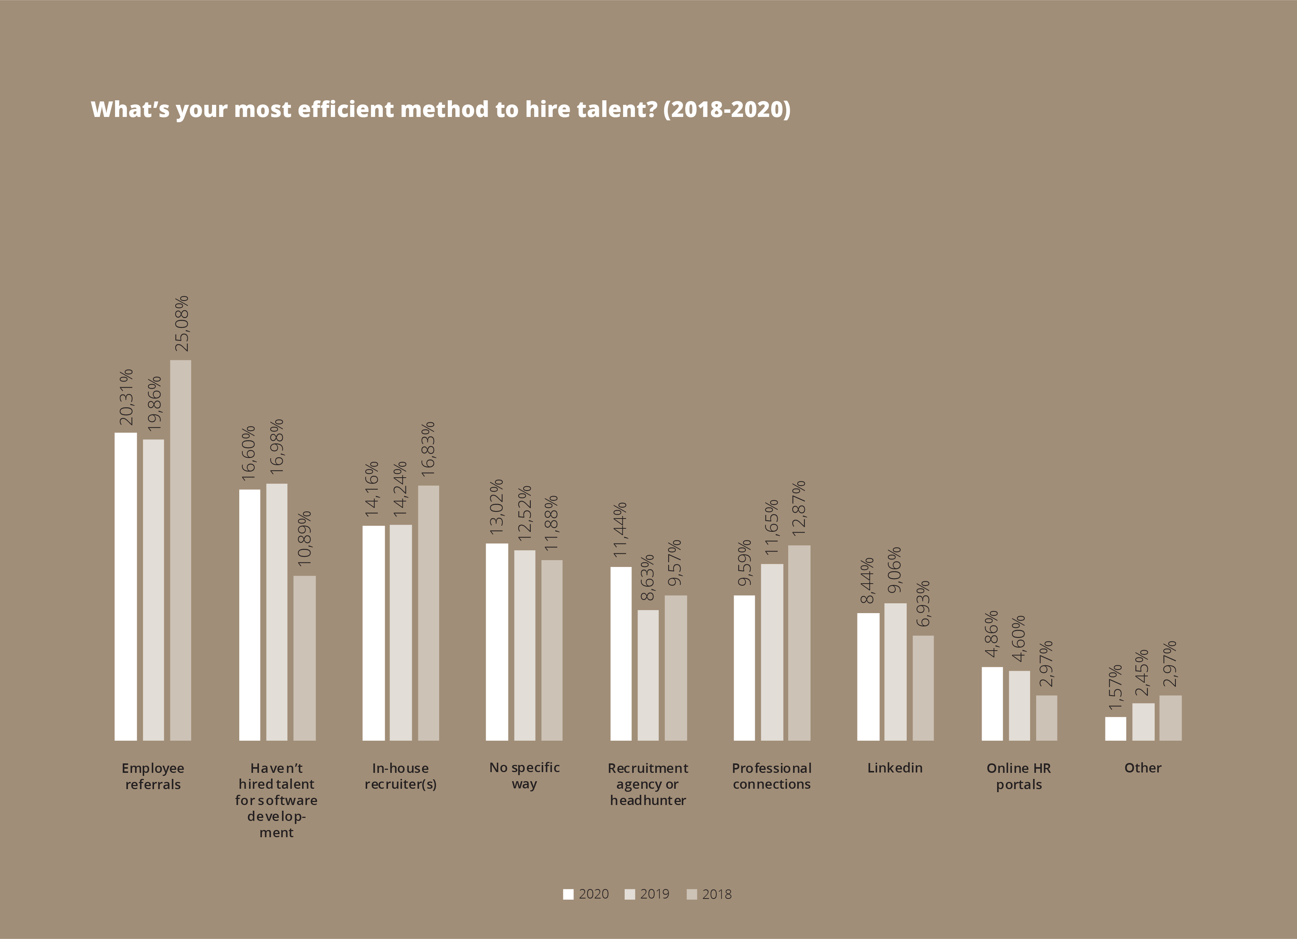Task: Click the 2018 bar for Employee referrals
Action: click(x=181, y=550)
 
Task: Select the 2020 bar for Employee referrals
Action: click(x=126, y=586)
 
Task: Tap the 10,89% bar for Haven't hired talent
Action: click(x=304, y=658)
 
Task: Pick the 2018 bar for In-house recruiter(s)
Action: click(x=428, y=613)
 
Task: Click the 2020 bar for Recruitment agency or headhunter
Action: click(x=620, y=654)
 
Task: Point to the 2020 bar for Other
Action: click(x=1115, y=729)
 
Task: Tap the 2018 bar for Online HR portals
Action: click(x=1046, y=718)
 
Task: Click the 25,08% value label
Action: click(x=182, y=324)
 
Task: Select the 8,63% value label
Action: click(x=647, y=578)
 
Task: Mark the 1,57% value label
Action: click(x=1115, y=688)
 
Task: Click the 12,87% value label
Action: click(x=799, y=508)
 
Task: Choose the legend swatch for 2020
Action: click(x=568, y=894)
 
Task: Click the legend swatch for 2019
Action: click(x=630, y=894)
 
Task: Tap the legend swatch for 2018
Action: click(x=691, y=894)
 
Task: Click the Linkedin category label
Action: click(x=895, y=768)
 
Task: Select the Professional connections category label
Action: click(x=772, y=776)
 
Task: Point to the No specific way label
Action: click(x=524, y=775)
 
